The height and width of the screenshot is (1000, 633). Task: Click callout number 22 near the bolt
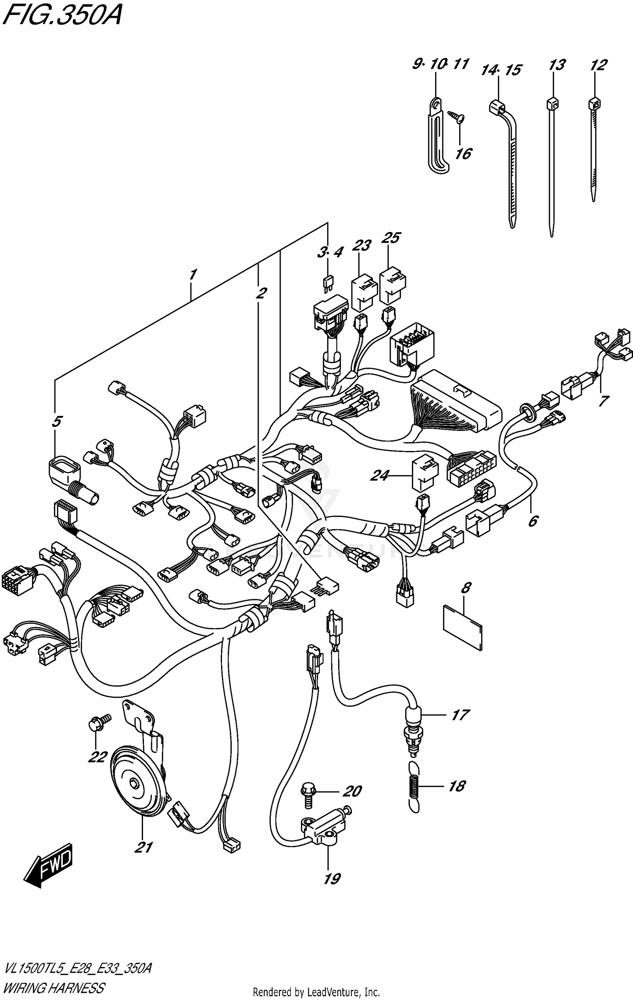97,757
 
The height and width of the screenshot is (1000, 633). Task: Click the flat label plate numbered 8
463,630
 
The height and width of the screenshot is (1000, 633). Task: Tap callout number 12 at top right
598,65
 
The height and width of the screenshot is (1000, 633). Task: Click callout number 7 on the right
603,400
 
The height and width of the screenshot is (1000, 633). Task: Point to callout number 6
533,522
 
